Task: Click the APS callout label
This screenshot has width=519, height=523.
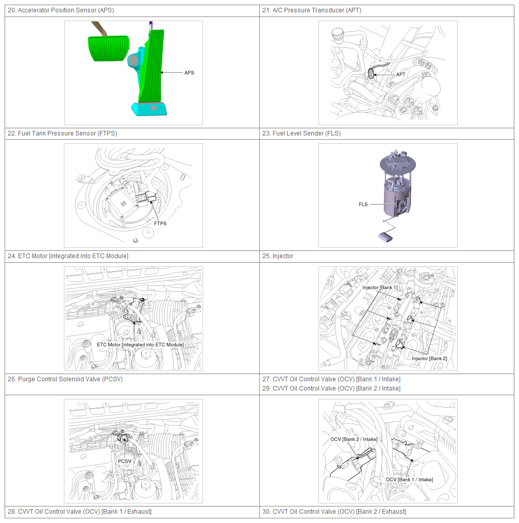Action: point(189,73)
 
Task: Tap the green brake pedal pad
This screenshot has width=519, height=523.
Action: point(108,48)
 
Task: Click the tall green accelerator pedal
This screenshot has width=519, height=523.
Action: point(152,66)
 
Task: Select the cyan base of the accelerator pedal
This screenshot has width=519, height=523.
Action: point(149,109)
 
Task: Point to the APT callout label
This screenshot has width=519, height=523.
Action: point(400,74)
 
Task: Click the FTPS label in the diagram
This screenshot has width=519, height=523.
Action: point(160,224)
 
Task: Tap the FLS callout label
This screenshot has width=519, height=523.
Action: point(363,205)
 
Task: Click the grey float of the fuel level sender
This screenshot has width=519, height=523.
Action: point(386,237)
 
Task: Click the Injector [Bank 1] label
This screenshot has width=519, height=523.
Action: point(380,288)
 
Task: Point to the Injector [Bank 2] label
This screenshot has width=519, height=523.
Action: point(429,359)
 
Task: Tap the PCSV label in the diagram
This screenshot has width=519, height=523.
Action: point(125,461)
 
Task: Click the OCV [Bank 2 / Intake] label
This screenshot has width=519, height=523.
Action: point(354,440)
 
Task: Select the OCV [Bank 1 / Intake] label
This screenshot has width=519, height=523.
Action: point(409,480)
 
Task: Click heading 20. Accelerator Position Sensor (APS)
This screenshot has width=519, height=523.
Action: point(61,10)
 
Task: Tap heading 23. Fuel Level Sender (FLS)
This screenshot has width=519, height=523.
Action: point(302,133)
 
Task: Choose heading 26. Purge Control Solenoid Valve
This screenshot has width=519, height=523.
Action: point(65,379)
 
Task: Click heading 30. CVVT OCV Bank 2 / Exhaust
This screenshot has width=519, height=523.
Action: point(334,512)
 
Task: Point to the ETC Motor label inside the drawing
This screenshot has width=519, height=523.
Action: point(140,345)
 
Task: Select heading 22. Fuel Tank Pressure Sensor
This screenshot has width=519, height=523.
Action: point(62,133)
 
